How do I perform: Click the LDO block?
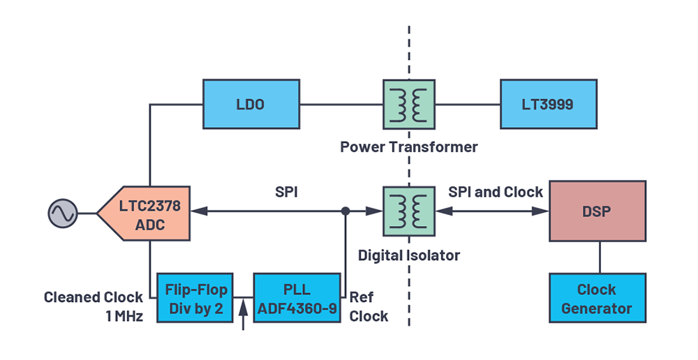point(251,104)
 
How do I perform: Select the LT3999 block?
point(549,104)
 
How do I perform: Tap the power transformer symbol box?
point(409,105)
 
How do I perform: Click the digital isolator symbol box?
point(409,211)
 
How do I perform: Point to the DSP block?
point(597,211)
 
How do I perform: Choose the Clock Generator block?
point(597,298)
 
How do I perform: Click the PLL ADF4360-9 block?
point(297,298)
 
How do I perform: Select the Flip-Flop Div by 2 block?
point(195,298)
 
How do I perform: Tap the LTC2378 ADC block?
point(144,213)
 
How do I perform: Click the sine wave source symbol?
point(63,213)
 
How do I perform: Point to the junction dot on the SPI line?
point(346,211)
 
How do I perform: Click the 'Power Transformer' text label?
point(408,147)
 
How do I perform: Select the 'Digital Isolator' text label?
point(408,255)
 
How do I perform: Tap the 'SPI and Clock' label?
point(496,192)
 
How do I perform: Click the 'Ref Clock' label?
point(368,306)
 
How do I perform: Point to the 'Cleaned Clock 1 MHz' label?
point(94,306)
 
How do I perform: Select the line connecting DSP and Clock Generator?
point(600,257)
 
